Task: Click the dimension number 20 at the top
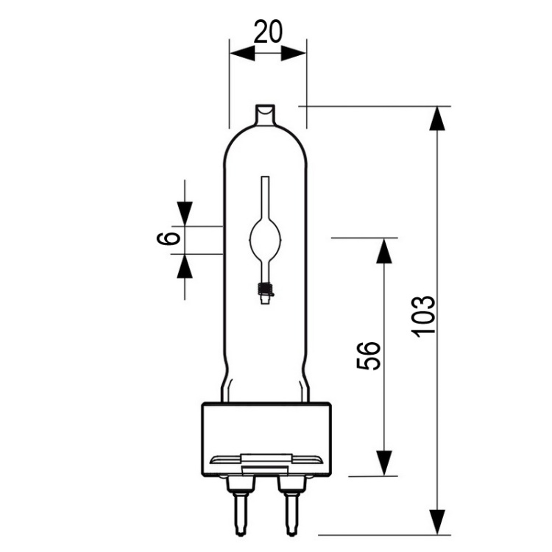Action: coord(267,32)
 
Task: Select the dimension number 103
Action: coord(424,316)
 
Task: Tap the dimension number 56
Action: coord(371,355)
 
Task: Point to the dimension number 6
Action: coord(169,238)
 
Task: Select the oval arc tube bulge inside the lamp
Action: coord(264,238)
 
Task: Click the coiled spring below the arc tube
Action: coord(265,289)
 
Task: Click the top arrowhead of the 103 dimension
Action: coord(439,118)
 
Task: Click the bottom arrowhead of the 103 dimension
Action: coord(439,520)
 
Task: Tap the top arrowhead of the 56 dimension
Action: coord(383,250)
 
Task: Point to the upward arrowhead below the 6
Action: coord(184,266)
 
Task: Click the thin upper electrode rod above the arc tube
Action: coord(264,197)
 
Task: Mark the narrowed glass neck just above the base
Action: coord(265,386)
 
